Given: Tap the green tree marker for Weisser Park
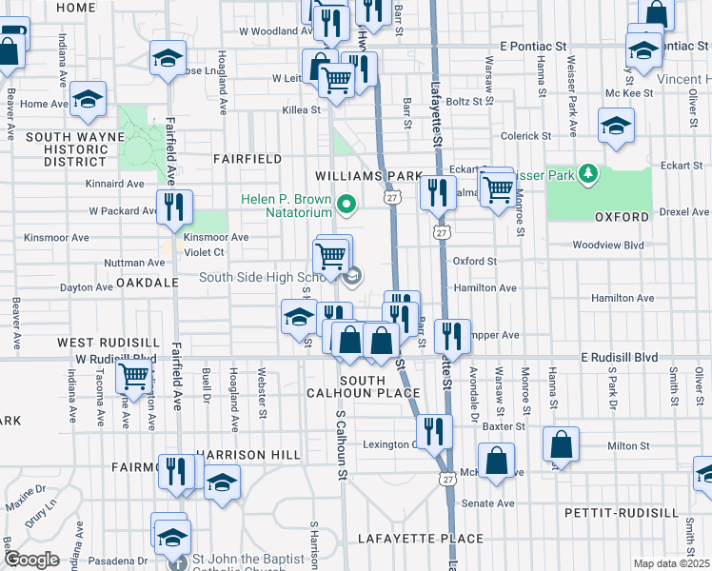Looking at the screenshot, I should click(x=589, y=173).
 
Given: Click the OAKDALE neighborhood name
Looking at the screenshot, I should click(x=148, y=283).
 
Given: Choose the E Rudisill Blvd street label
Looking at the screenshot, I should click(x=620, y=357).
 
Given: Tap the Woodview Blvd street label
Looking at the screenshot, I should click(x=608, y=245).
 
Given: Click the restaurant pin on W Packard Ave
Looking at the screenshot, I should click(x=174, y=206).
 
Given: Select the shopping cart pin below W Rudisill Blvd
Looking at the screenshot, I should click(x=133, y=377).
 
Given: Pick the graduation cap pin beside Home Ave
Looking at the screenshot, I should click(x=89, y=99).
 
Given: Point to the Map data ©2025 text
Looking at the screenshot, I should click(x=670, y=563).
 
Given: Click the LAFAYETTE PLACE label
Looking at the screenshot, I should click(x=407, y=539).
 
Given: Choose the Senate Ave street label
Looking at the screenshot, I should click(x=487, y=502).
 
